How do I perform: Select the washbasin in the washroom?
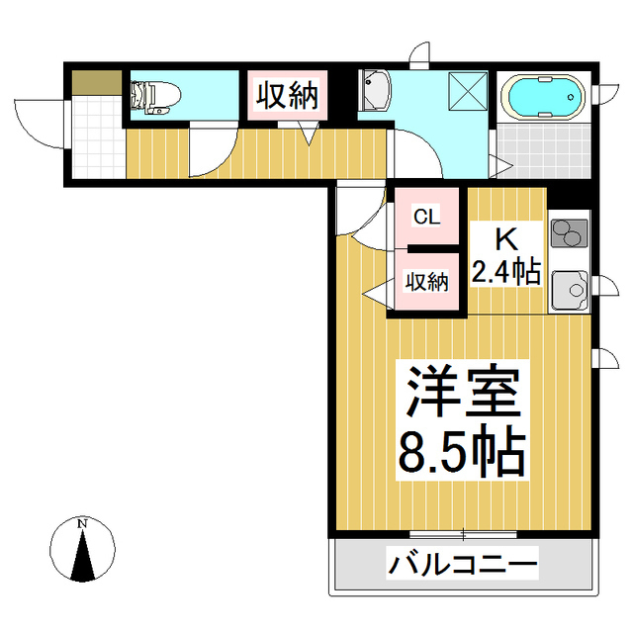pyautogui.click(x=376, y=92)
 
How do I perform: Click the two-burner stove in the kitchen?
pyautogui.click(x=568, y=235)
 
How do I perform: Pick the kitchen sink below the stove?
pyautogui.click(x=569, y=289)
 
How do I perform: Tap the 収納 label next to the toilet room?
pyautogui.click(x=287, y=96)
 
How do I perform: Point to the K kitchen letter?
pyautogui.click(x=505, y=238)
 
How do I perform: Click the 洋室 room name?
pyautogui.click(x=461, y=393)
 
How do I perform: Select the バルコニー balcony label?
pyautogui.click(x=462, y=567)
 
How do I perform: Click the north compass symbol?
pyautogui.click(x=83, y=552)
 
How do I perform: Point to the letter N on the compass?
pyautogui.click(x=83, y=522)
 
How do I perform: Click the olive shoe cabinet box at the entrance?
pyautogui.click(x=94, y=82)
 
